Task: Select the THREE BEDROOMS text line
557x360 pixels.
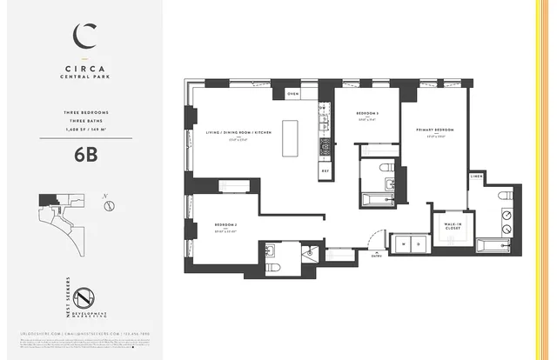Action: [84, 114]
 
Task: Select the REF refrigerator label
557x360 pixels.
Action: [325, 171]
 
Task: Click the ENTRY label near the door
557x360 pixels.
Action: [376, 257]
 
